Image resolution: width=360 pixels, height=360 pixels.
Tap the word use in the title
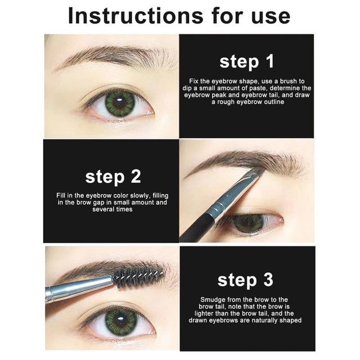pos(271,18)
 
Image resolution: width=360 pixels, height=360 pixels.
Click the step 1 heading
pos(246,62)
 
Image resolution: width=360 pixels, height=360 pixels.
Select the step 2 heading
pos(113,177)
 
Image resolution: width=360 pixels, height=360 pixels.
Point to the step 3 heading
pos(245,280)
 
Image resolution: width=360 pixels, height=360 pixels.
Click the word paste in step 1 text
pos(259,88)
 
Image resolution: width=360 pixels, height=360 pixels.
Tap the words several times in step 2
pos(112,209)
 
